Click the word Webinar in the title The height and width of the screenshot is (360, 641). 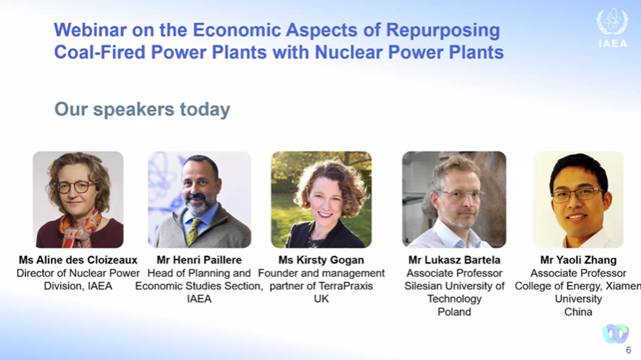91,30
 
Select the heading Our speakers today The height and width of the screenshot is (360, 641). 142,109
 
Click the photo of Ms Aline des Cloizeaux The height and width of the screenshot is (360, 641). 78,200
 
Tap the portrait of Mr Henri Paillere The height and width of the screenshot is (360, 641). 200,200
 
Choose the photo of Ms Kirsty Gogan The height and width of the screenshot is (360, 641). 321,200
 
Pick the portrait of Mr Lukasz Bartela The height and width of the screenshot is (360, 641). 454,200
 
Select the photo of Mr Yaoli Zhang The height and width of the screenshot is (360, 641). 579,200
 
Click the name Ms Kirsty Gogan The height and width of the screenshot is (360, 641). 321,260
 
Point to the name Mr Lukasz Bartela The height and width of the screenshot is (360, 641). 454,260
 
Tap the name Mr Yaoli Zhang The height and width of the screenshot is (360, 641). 579,260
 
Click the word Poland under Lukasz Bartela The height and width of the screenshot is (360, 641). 454,312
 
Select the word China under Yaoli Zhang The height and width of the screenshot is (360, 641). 579,312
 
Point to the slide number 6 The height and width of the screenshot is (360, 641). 628,350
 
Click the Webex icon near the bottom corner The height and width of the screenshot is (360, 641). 615,333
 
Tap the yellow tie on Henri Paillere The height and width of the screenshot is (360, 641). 193,232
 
